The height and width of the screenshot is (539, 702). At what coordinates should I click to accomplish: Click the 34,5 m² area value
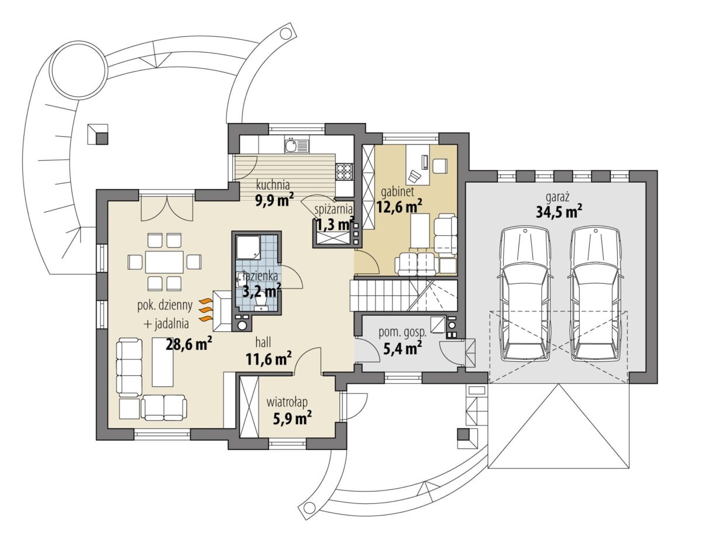click(559, 212)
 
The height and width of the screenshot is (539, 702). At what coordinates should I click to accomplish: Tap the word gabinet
click(397, 192)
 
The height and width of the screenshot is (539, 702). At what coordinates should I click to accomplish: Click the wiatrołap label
click(287, 402)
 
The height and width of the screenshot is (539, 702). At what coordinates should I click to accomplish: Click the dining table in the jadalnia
click(164, 262)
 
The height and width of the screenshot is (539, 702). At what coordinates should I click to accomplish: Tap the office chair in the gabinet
click(415, 176)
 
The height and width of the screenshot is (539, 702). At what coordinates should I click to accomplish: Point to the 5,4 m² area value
click(402, 349)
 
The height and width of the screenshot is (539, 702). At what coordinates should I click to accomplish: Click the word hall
click(263, 342)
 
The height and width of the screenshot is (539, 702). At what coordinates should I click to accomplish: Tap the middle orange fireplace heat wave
click(205, 311)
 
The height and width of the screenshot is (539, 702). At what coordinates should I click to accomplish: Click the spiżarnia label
click(333, 210)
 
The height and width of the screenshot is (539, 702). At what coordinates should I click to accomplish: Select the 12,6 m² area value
click(400, 207)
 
